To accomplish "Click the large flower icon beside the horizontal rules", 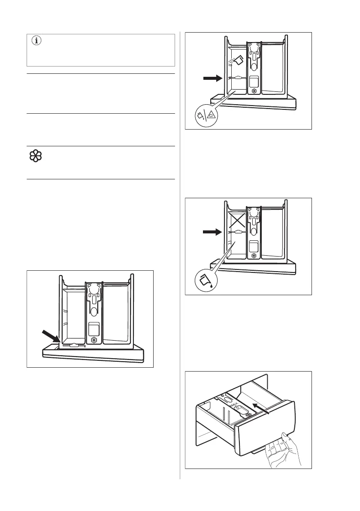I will [x=35, y=158].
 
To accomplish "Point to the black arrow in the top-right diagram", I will [x=212, y=79].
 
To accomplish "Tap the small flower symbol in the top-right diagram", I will [x=254, y=91].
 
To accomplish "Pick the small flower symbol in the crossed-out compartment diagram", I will [x=254, y=256].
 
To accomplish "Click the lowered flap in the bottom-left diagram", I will [x=73, y=345].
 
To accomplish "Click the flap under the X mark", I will [x=236, y=232].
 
